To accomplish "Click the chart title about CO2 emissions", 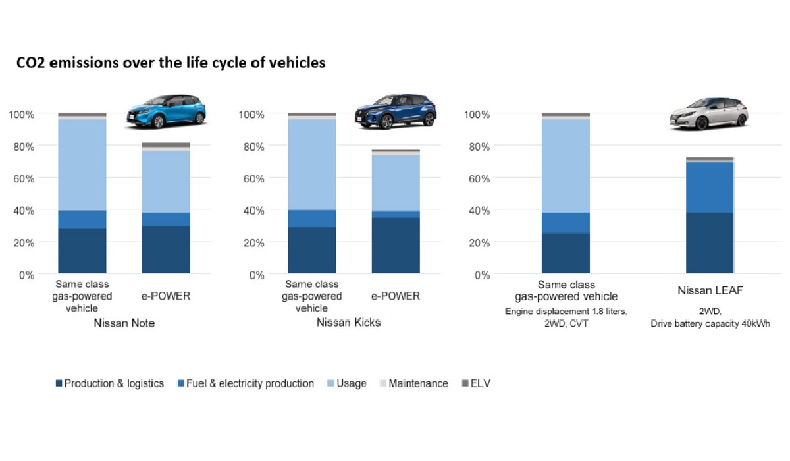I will pos(171,63).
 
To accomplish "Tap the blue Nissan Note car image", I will pos(166,110).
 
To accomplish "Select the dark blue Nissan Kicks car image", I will pos(396,111).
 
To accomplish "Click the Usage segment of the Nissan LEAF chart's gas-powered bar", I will pos(566,165).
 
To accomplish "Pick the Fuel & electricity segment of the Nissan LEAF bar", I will pos(710,187).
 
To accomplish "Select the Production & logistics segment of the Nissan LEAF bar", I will pos(710,242).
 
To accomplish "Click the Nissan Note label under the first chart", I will pos(124,323).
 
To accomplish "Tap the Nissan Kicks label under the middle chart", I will pos(348,323).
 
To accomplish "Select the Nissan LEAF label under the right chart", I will pos(709,290).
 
